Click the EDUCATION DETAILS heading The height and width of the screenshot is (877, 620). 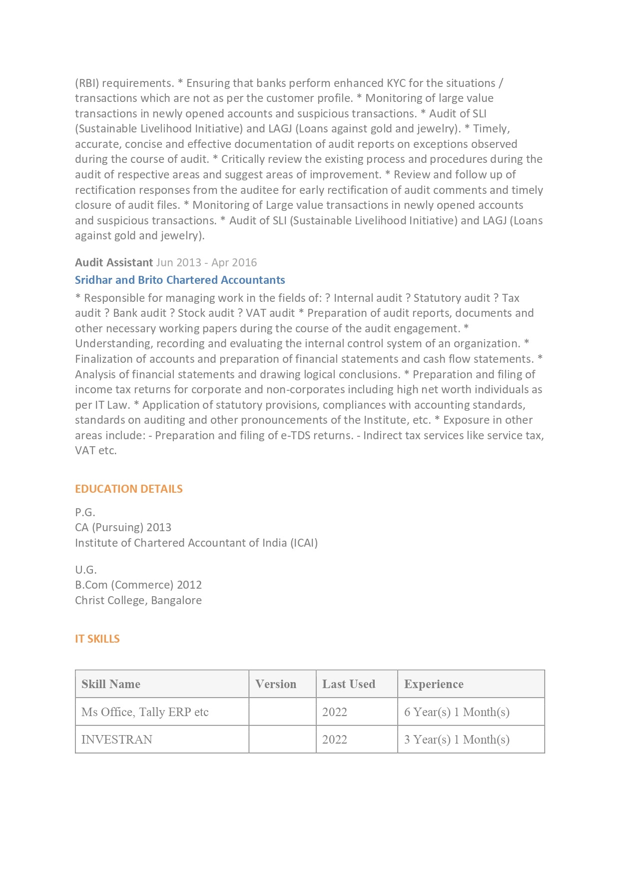[128, 489]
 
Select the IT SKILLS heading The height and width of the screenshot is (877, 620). [97, 639]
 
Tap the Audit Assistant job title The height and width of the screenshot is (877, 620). [114, 262]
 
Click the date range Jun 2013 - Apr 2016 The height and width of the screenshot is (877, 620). [206, 262]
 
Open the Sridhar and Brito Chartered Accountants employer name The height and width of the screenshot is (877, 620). [180, 280]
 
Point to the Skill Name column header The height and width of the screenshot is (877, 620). [111, 684]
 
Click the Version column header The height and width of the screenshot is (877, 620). [276, 684]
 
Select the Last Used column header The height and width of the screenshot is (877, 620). [349, 684]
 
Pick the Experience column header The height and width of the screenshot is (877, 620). [434, 684]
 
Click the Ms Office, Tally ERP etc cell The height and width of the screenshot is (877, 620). [145, 712]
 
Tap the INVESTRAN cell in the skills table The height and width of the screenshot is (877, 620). [117, 740]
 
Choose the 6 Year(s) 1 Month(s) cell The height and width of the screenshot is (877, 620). [457, 712]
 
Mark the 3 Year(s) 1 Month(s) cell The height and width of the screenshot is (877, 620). [457, 740]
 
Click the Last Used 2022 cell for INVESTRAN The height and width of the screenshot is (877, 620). [335, 740]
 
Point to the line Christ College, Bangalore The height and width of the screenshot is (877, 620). [138, 600]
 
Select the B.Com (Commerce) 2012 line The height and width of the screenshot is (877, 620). [138, 585]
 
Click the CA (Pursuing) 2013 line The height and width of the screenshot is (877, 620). [123, 527]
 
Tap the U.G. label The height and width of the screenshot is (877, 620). [86, 570]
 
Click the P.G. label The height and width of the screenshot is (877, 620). [85, 512]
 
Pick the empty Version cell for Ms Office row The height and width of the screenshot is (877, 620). [282, 712]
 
